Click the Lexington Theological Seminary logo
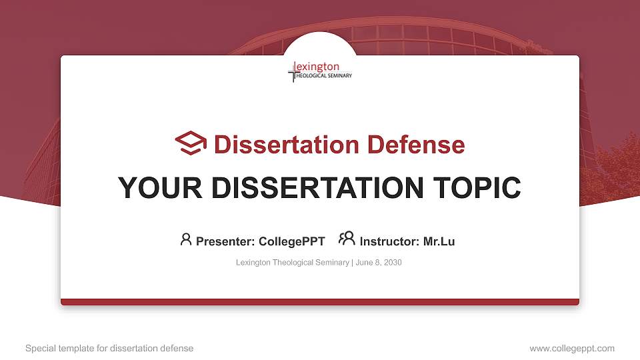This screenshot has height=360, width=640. point(320,71)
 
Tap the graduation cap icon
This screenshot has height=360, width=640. point(191,143)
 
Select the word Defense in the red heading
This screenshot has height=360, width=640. point(416,144)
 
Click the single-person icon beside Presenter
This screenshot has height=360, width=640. point(186,239)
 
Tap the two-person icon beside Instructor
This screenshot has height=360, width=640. point(347,239)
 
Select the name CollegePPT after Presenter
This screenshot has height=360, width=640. point(291,241)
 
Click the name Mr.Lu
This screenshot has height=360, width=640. point(439,241)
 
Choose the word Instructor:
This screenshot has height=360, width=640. point(389,241)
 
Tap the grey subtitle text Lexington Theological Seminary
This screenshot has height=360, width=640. point(292,263)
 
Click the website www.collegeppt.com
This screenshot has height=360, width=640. point(571,348)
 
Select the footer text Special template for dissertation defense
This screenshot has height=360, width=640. point(109,348)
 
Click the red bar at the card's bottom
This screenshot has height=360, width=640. point(320,302)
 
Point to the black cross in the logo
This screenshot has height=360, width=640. point(291,72)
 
